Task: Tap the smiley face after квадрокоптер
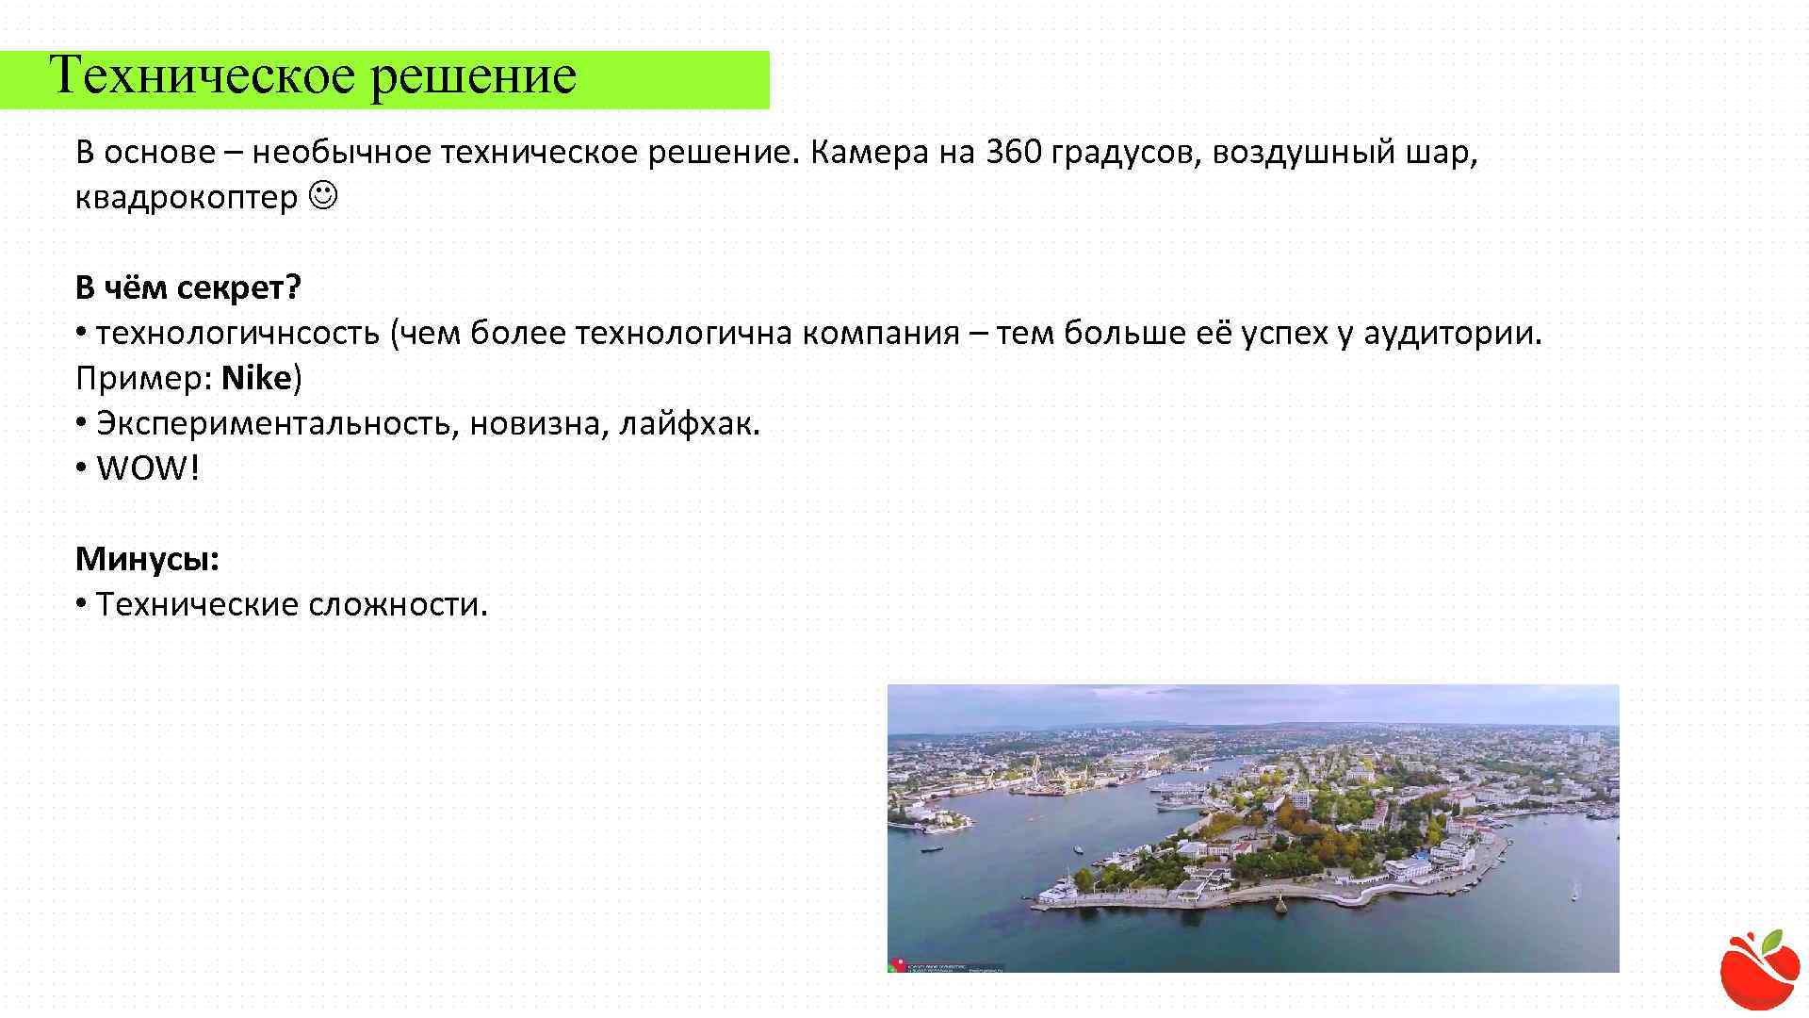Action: tap(323, 197)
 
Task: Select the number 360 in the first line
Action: tap(1013, 152)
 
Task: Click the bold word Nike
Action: tap(257, 378)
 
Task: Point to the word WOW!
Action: tap(148, 468)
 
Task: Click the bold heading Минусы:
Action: tap(147, 559)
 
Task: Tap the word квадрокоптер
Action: tap(186, 198)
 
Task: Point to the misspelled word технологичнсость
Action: tap(237, 333)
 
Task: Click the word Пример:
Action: tap(143, 378)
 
